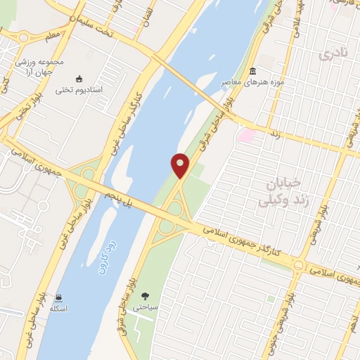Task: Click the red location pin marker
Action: [180, 166]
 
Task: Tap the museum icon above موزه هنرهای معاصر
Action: [253, 72]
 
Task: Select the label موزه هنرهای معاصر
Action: [252, 83]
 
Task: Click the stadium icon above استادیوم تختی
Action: [79, 79]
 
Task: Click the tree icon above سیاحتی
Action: [145, 296]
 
